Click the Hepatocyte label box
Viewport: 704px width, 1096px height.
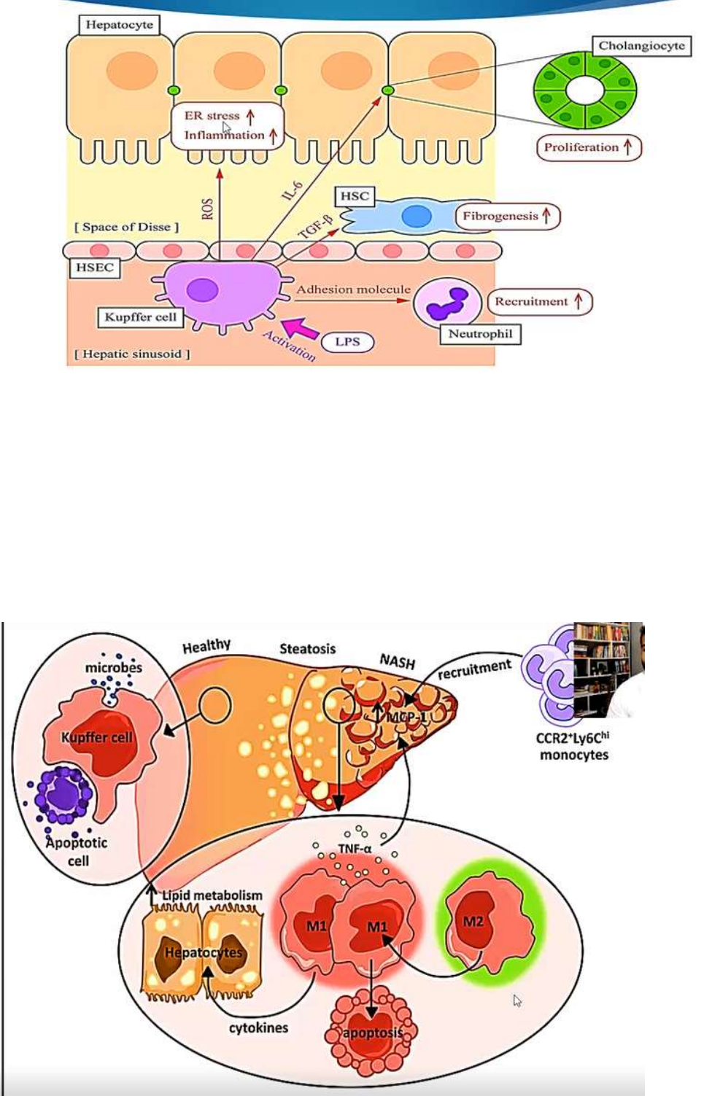[x=119, y=25]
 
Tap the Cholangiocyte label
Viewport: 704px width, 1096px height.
[x=641, y=46]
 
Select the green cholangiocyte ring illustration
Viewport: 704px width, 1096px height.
[x=584, y=90]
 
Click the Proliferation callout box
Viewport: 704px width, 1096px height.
[x=589, y=147]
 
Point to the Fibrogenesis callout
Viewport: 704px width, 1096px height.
[x=508, y=217]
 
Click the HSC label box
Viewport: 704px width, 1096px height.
[x=355, y=196]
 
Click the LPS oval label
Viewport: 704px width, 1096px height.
[x=347, y=342]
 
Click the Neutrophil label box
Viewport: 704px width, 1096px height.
[x=480, y=334]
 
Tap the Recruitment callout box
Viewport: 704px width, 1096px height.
[x=539, y=302]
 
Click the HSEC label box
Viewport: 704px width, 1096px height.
[x=95, y=268]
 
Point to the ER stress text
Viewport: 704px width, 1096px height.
[x=212, y=115]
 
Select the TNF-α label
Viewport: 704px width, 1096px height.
[x=355, y=849]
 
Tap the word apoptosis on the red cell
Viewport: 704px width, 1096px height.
[x=372, y=1033]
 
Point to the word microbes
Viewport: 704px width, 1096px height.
[x=114, y=667]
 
